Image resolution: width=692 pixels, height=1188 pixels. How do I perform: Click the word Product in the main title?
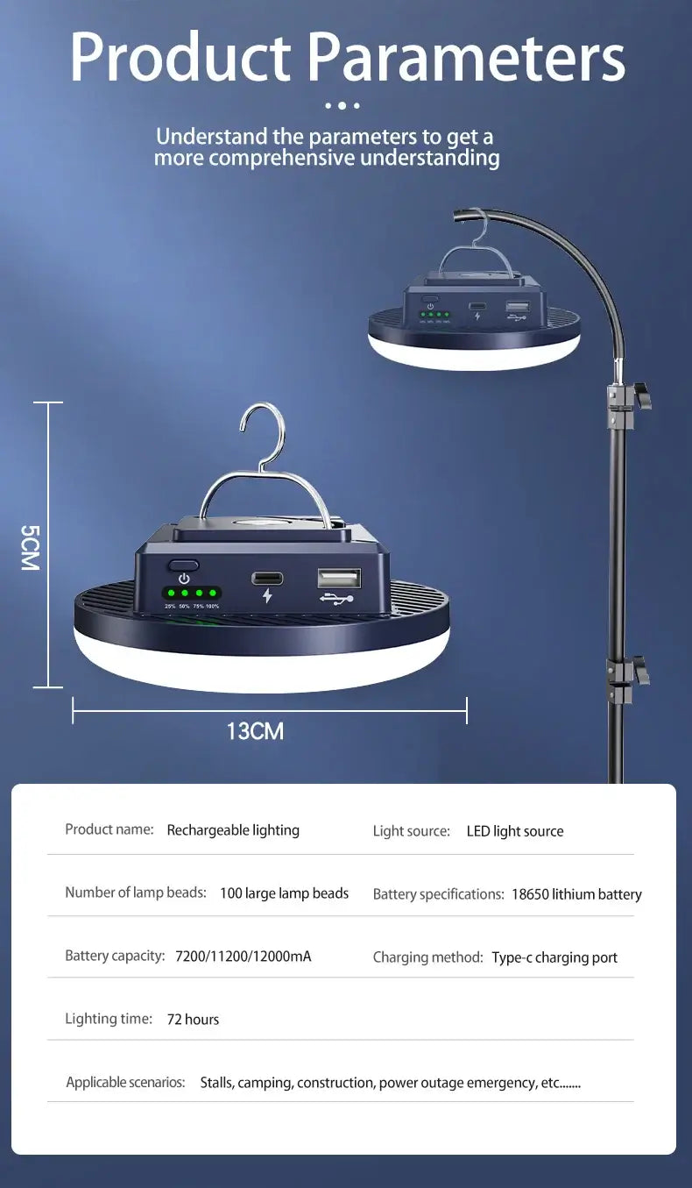click(180, 56)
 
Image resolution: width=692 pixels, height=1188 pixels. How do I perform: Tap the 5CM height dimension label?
click(30, 547)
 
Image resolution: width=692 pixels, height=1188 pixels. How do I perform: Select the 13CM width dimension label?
click(256, 731)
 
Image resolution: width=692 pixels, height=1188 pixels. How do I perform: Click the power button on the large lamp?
click(183, 566)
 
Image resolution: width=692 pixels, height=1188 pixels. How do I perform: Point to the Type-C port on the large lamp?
click(267, 578)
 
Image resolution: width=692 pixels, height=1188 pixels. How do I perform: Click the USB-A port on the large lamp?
click(339, 578)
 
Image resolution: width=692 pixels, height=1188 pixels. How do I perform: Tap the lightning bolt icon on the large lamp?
click(267, 595)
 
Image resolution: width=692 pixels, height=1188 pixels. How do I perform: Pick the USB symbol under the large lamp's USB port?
click(336, 599)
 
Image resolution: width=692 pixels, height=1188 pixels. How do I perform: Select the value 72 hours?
click(193, 1020)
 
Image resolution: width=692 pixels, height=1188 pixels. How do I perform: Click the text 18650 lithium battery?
click(576, 894)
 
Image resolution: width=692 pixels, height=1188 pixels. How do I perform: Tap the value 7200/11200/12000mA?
click(244, 957)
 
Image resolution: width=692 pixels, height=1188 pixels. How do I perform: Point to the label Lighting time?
click(109, 1019)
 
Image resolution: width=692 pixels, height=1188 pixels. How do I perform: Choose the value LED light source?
click(515, 831)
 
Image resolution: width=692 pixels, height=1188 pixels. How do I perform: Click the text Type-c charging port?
click(554, 957)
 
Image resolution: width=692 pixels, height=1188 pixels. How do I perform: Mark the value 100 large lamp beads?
click(284, 893)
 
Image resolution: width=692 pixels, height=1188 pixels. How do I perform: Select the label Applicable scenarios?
click(125, 1082)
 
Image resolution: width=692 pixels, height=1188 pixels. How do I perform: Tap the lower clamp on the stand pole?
click(627, 679)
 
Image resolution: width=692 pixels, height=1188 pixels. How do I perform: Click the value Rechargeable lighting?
click(233, 830)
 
